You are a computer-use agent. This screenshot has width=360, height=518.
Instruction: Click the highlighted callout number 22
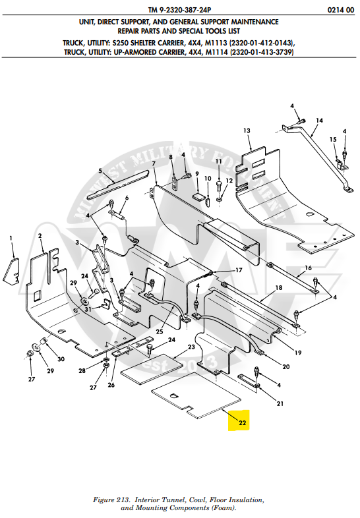(x=243, y=422)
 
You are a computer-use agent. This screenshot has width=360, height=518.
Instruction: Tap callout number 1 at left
(x=11, y=236)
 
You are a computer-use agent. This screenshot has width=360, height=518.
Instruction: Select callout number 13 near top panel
(x=247, y=131)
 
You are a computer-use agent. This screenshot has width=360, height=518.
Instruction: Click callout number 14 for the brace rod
(x=320, y=121)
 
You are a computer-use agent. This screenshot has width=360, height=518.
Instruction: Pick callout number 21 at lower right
(x=280, y=403)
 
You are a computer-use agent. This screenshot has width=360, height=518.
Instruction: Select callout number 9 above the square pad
(x=196, y=173)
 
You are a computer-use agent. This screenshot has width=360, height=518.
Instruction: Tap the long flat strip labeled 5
(x=119, y=187)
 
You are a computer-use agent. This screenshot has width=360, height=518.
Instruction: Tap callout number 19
(x=297, y=353)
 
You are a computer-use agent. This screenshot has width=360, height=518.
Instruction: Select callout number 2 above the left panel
(x=40, y=236)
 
